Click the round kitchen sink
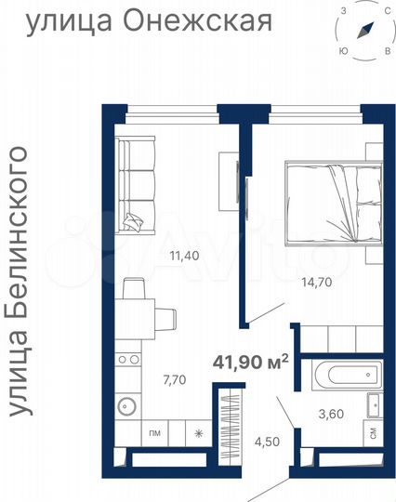click(x=128, y=407)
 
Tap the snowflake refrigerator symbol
click(x=197, y=433)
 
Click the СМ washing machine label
click(x=372, y=432)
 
